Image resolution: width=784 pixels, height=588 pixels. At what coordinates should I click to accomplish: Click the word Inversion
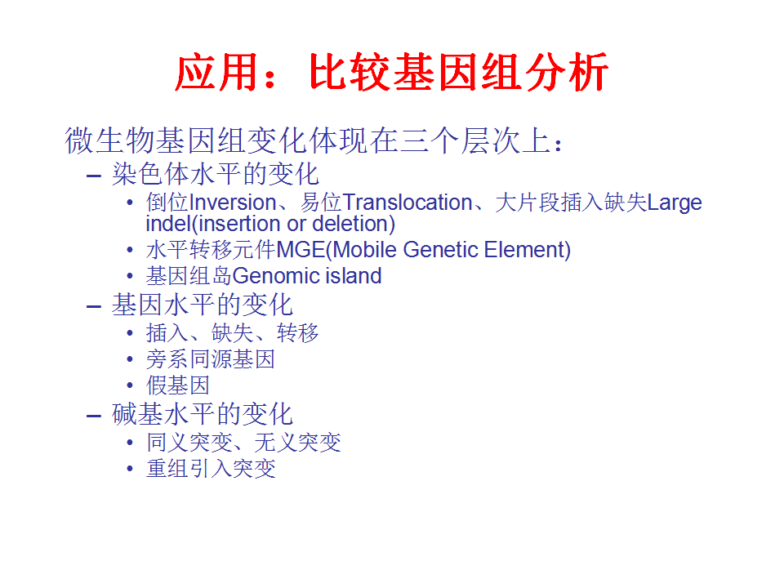coord(233,203)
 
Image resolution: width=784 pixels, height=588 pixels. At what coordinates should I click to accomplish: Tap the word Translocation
coord(408,203)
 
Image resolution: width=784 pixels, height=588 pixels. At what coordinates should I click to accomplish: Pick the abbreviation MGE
coord(301,250)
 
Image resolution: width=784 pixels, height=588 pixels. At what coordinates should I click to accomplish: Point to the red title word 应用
coord(216,73)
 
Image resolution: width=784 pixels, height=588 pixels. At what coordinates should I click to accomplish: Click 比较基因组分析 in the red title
coord(458,73)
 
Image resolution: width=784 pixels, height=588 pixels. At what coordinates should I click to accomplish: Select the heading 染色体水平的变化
coord(216,174)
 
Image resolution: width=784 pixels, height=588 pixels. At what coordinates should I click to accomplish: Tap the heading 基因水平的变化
coord(202,305)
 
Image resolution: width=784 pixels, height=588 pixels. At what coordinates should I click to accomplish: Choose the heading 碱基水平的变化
coord(202,414)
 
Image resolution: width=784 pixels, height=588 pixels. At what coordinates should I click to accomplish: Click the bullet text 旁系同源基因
coord(211,359)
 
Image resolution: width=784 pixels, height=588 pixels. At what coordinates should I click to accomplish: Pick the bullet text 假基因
coord(177,385)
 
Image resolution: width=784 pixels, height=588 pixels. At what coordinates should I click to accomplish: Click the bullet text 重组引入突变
coord(211,469)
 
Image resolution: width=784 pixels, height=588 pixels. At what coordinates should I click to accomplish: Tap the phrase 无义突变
coord(297,443)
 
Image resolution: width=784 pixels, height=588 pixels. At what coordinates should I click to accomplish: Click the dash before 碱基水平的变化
coord(94,416)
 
